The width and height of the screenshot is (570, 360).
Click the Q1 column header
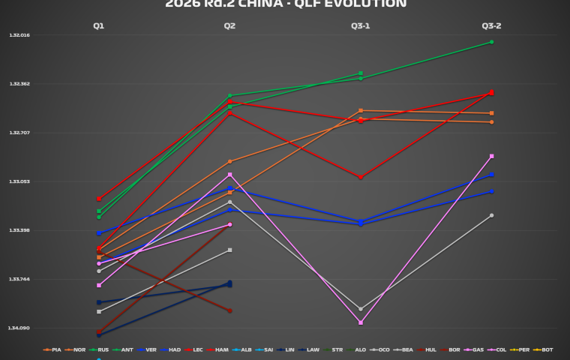click(x=98, y=25)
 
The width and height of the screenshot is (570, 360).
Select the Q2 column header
click(x=229, y=25)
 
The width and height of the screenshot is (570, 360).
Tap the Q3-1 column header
click(x=360, y=25)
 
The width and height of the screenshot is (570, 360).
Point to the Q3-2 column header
click(x=491, y=25)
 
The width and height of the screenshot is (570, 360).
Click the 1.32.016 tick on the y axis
click(x=19, y=35)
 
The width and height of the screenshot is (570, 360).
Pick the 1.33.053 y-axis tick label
click(x=19, y=181)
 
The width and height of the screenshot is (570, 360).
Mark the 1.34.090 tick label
click(x=19, y=328)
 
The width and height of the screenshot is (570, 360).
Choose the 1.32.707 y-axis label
click(x=19, y=133)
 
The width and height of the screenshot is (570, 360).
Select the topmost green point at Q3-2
click(x=491, y=42)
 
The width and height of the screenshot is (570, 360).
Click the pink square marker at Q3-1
click(x=361, y=322)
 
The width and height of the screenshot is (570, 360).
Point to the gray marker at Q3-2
click(x=491, y=215)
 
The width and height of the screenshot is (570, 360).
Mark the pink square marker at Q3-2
click(x=491, y=156)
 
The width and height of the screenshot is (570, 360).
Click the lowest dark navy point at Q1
click(x=98, y=334)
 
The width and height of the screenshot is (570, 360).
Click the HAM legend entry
click(x=221, y=349)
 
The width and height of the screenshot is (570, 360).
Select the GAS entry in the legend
click(x=475, y=349)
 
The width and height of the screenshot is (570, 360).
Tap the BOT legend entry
click(x=544, y=349)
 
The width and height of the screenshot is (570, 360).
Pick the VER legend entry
click(x=148, y=349)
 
